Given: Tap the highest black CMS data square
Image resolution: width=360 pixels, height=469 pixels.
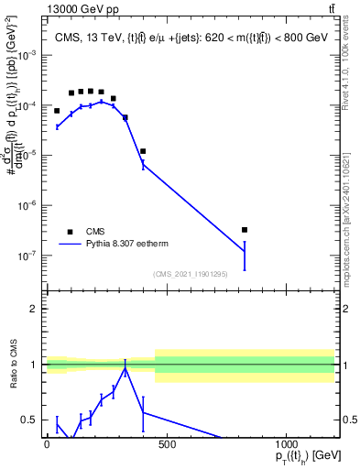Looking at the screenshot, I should pyautogui.click(x=91, y=91).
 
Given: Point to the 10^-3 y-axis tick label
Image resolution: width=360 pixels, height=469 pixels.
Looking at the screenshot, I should pyautogui.click(x=27, y=56).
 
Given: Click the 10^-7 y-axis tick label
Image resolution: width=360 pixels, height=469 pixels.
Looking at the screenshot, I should pyautogui.click(x=27, y=256).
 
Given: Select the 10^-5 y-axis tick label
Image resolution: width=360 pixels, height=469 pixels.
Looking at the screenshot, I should pyautogui.click(x=27, y=156).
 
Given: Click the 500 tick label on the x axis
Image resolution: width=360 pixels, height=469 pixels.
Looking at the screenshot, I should pyautogui.click(x=167, y=444).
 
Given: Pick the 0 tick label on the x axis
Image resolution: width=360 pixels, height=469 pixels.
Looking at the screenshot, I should pyautogui.click(x=47, y=444).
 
